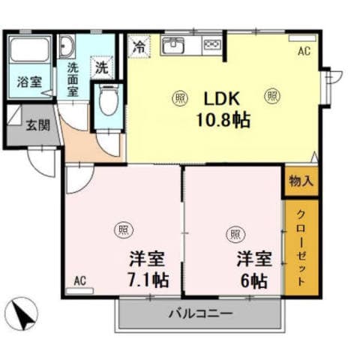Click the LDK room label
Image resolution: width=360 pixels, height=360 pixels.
222,98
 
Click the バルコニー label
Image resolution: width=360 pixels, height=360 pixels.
200,314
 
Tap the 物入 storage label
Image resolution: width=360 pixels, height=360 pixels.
301,181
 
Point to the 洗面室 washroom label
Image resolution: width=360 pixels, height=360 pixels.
73,79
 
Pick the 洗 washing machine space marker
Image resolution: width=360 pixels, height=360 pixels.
100,67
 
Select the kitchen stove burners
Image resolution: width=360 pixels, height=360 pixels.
212,45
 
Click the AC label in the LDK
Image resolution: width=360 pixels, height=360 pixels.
304,52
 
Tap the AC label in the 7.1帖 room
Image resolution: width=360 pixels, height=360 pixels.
80,282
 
